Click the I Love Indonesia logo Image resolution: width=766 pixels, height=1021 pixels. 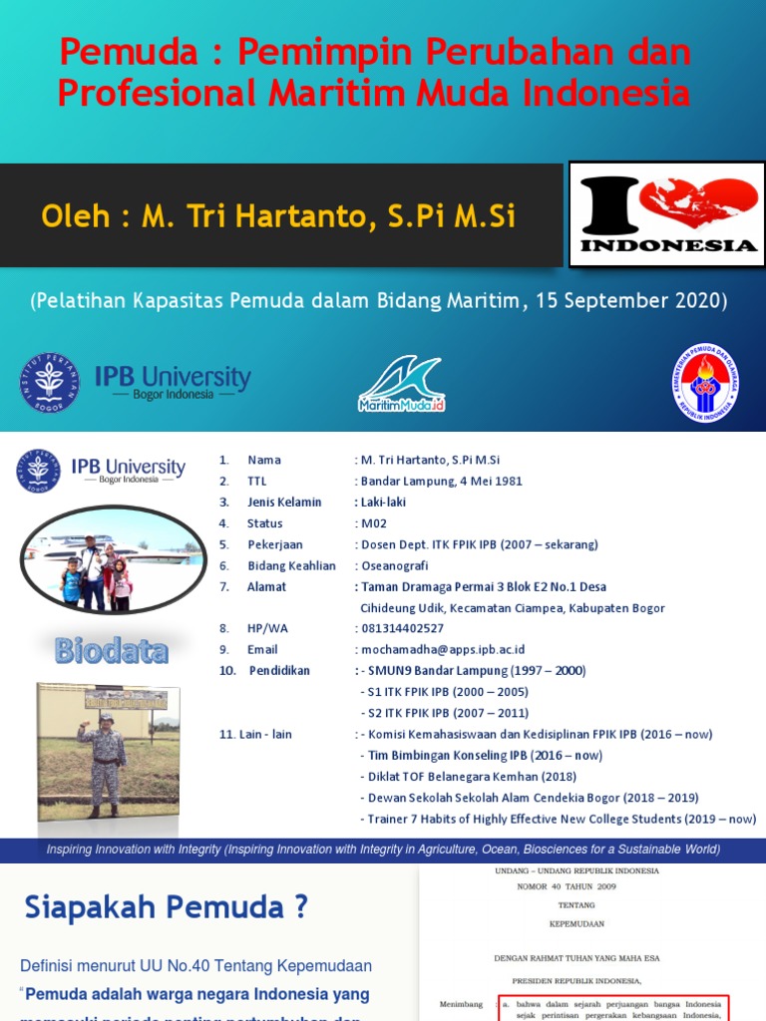pyautogui.click(x=667, y=214)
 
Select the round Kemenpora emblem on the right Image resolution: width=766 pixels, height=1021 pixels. pyautogui.click(x=704, y=383)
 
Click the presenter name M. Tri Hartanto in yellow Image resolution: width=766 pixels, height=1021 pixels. pyautogui.click(x=329, y=215)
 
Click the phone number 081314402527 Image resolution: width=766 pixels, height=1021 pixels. pyautogui.click(x=402, y=628)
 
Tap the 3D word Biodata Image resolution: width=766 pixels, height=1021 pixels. pyautogui.click(x=112, y=651)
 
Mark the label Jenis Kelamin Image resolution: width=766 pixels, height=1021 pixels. pyautogui.click(x=284, y=502)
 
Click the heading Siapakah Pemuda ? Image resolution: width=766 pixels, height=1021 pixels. pyautogui.click(x=167, y=907)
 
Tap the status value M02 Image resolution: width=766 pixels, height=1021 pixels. pyautogui.click(x=372, y=523)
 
